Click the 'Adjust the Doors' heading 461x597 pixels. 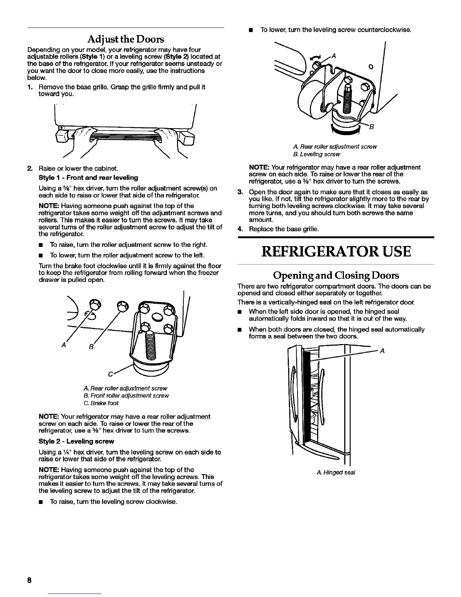[x=126, y=39]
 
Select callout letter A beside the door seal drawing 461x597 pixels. [x=382, y=351]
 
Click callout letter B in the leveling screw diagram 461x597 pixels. [x=371, y=127]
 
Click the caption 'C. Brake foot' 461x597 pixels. [x=101, y=403]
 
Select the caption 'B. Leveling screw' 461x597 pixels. [x=316, y=154]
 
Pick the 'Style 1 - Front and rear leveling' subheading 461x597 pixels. [x=88, y=178]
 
